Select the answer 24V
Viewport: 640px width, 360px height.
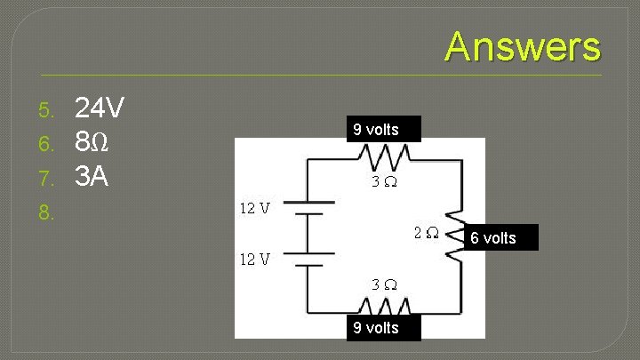coord(99,109)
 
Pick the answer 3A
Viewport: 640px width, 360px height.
coord(92,177)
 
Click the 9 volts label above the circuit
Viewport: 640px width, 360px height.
coord(376,130)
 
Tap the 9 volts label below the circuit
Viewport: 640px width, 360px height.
coord(376,327)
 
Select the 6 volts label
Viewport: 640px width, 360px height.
coord(493,237)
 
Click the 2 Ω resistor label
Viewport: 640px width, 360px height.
coord(426,233)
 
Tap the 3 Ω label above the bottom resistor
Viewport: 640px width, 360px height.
coord(384,284)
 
